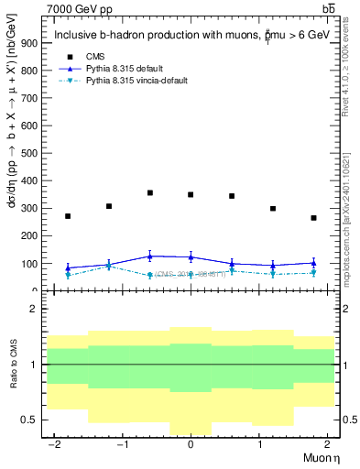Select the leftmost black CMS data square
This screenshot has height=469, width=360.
68,216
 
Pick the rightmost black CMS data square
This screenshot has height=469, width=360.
313,218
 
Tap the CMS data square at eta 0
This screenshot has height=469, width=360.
191,195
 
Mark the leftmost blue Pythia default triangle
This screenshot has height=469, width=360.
68,267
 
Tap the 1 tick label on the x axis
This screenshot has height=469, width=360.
258,443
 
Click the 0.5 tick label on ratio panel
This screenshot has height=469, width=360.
28,420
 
